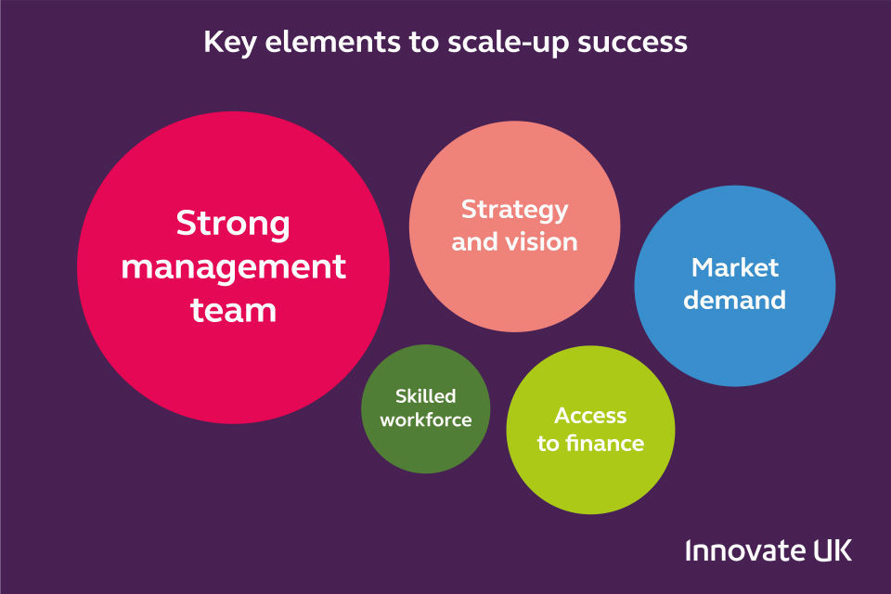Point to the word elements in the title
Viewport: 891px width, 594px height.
332,43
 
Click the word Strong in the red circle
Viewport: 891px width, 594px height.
233,225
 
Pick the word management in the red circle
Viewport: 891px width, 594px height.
234,267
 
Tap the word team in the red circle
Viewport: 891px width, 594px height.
234,310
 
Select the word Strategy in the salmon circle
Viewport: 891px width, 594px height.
514,211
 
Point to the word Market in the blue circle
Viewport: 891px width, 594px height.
735,267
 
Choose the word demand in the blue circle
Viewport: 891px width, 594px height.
735,300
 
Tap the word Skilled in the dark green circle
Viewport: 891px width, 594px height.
426,395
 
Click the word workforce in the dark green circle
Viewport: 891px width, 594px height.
426,420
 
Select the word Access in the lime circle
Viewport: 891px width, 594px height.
590,416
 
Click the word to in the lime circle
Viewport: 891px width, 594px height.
549,444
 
